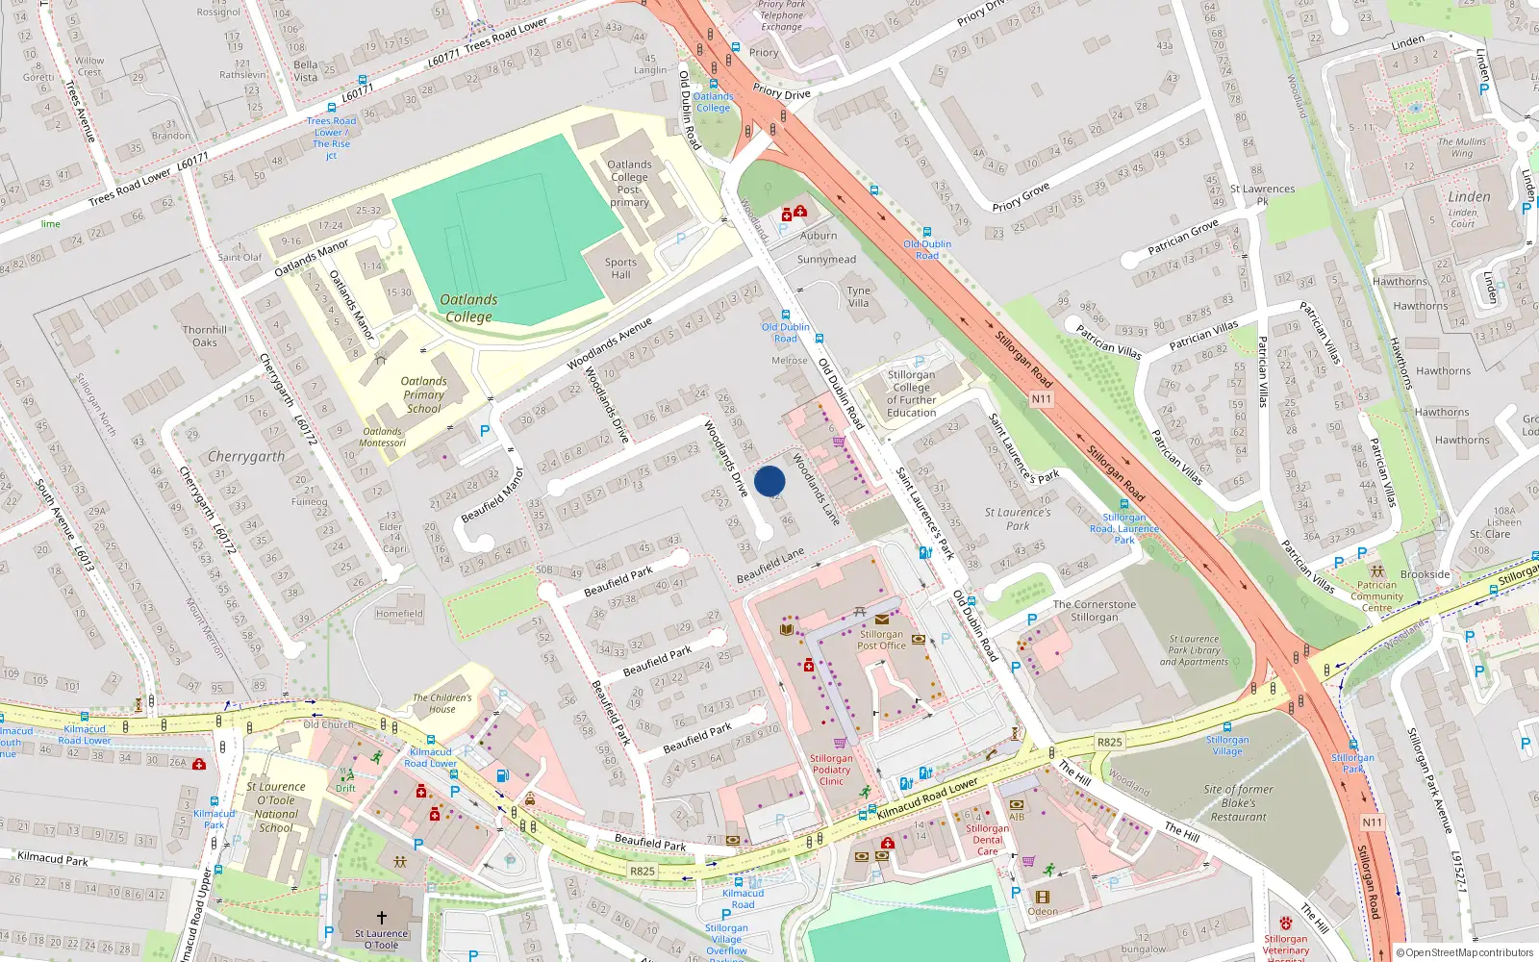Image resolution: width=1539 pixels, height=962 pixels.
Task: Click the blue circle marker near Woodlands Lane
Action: click(x=769, y=481)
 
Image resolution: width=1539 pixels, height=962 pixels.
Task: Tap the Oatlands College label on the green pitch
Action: click(x=468, y=308)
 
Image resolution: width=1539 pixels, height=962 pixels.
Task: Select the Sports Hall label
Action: click(x=620, y=268)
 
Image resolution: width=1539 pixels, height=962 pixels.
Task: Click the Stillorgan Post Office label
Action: click(x=881, y=640)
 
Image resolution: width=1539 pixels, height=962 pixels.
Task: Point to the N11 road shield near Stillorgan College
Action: click(x=1041, y=398)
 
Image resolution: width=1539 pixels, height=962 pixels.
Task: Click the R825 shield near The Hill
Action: click(x=1109, y=742)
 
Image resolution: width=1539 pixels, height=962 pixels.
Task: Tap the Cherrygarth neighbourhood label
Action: click(x=246, y=457)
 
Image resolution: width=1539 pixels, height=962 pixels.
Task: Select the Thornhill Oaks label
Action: click(x=205, y=336)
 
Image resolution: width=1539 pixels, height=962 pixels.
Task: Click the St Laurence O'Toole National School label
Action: click(x=275, y=807)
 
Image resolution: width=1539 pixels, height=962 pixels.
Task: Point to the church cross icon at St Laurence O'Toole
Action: click(x=381, y=918)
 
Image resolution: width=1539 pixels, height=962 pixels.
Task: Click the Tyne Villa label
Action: click(x=858, y=296)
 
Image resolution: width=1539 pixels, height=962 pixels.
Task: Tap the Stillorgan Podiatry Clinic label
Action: click(x=831, y=770)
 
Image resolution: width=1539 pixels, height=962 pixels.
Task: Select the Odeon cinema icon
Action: click(x=1043, y=897)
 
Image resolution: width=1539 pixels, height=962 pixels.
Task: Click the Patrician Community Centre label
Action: click(x=1376, y=595)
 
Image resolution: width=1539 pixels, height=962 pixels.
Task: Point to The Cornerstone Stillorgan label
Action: click(x=1094, y=611)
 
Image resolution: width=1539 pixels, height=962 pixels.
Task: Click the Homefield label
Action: click(x=399, y=614)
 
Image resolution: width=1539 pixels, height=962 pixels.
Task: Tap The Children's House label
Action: click(x=442, y=703)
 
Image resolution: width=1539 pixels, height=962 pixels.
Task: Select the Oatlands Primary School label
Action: click(x=423, y=394)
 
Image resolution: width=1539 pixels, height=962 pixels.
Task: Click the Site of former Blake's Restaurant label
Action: click(x=1238, y=803)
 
